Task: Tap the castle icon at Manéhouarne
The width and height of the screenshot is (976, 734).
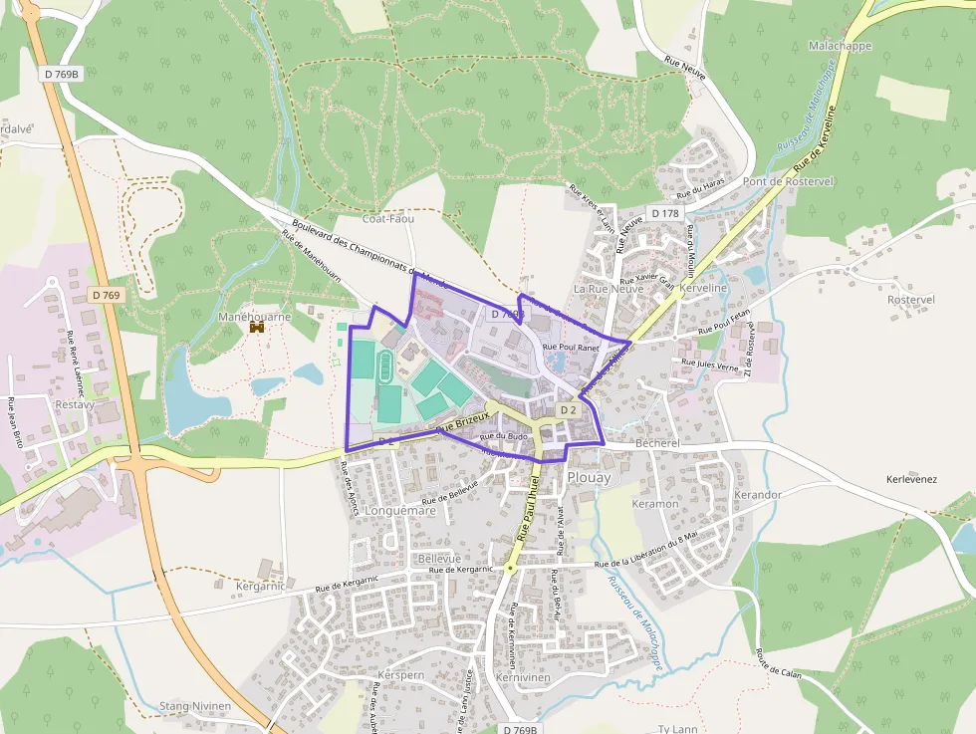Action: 256,329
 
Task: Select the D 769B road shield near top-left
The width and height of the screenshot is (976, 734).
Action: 62,75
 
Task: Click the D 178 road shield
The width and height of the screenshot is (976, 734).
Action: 664,213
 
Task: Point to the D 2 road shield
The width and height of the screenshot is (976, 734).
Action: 568,409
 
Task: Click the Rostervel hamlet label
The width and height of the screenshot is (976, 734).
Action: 910,299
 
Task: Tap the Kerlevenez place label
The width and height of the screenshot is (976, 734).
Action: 911,479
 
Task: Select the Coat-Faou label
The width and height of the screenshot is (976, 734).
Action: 387,218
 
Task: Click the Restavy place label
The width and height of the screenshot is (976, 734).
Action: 74,405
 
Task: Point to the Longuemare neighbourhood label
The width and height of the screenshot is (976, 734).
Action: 401,511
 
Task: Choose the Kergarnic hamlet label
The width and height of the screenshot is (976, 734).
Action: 261,587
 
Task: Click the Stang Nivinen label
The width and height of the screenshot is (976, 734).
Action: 195,707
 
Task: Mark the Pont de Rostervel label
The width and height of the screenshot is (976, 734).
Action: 788,181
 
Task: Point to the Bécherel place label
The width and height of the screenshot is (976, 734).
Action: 656,442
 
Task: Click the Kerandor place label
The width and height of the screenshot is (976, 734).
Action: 757,494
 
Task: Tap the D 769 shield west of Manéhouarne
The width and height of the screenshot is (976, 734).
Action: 105,295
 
